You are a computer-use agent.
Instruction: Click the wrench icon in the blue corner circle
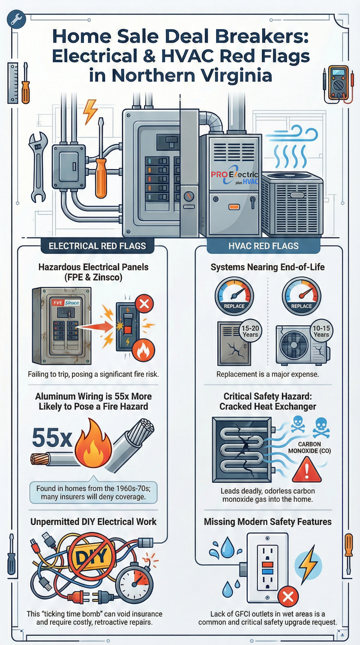tap(16, 19)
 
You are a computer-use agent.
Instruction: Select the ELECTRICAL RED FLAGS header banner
tap(97, 246)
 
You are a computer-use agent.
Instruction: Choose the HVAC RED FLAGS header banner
tap(263, 246)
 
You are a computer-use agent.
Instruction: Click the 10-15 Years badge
tap(321, 331)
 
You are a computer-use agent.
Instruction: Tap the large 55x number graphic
tap(52, 438)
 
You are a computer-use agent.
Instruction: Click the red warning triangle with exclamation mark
tap(307, 470)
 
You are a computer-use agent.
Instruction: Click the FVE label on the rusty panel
tap(58, 302)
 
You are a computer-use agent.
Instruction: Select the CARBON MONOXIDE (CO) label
tap(309, 447)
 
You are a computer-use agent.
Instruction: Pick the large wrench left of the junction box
tap(38, 167)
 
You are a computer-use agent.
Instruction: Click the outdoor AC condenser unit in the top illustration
tap(292, 204)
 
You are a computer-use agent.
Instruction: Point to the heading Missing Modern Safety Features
tap(268, 522)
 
